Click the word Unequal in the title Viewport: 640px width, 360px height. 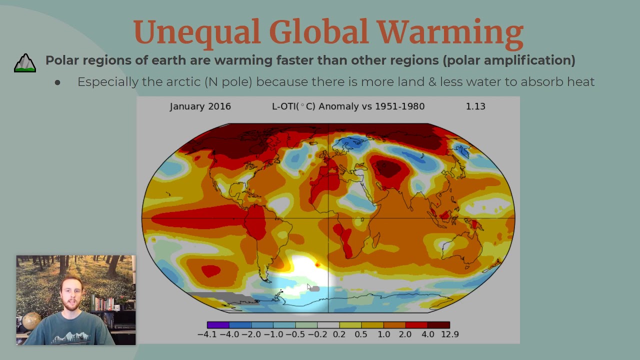tap(196, 32)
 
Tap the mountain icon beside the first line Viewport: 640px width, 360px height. tap(25, 63)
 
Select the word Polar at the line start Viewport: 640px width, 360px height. tap(62, 60)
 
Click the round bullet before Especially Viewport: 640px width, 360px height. tap(57, 82)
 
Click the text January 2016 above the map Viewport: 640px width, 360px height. tap(200, 106)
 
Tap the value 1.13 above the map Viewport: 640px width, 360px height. tap(475, 106)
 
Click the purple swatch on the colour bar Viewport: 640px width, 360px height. tap(218, 325)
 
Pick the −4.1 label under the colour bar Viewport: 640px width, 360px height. tap(207, 334)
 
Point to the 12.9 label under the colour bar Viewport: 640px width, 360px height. tap(449, 334)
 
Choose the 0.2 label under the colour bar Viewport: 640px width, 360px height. tap(339, 334)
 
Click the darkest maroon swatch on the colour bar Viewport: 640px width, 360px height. tap(438, 325)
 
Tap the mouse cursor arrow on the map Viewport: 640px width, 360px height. tap(309, 287)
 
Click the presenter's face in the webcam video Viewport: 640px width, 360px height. tap(70, 295)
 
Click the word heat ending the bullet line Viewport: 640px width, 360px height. tap(580, 82)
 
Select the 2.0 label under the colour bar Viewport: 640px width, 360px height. tap(405, 334)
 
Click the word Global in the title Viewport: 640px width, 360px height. tap(319, 32)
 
